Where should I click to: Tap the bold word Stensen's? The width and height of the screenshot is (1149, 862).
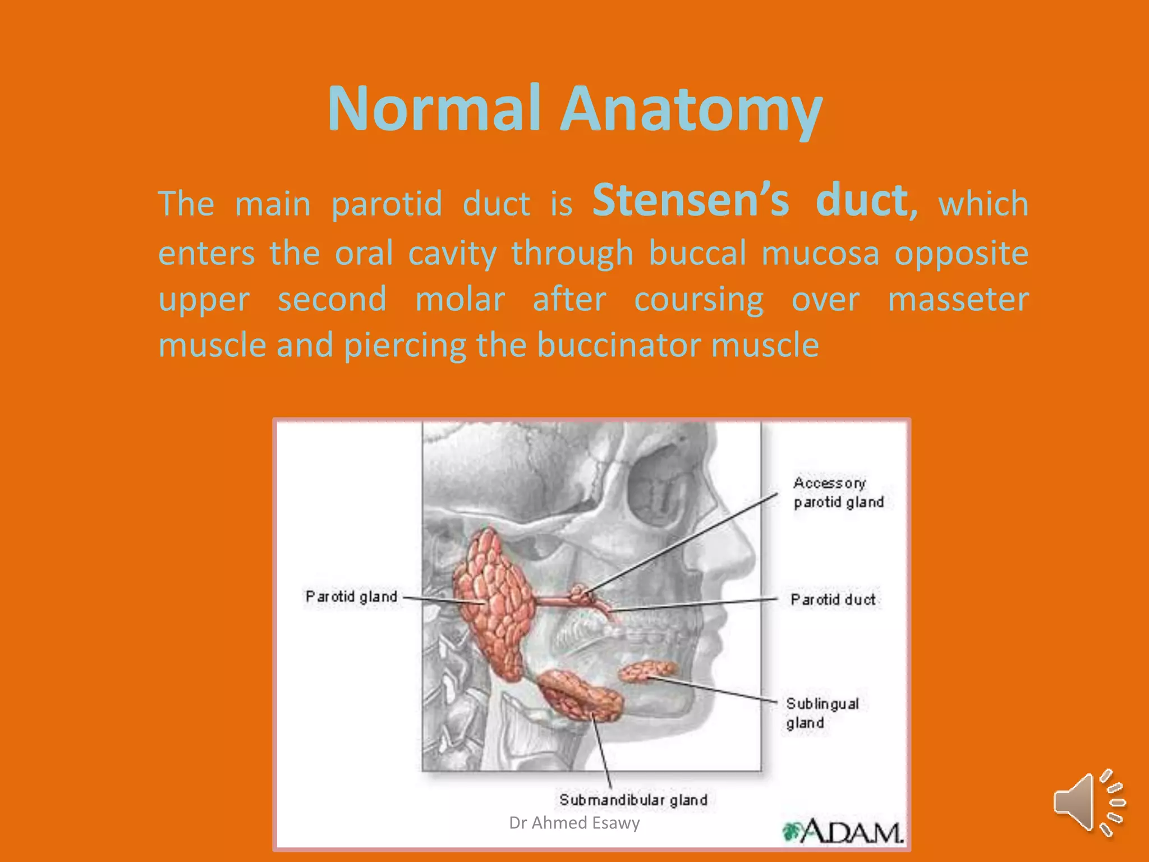click(691, 200)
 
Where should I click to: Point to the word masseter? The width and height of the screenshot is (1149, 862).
click(958, 299)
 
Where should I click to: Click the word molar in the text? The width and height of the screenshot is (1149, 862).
click(460, 299)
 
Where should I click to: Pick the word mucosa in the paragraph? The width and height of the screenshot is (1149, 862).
click(820, 253)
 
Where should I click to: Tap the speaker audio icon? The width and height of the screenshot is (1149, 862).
click(1088, 803)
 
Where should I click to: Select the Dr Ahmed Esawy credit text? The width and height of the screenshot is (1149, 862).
click(574, 823)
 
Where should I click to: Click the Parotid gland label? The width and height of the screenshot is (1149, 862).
click(351, 597)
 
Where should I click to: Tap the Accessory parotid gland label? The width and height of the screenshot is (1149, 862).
click(838, 492)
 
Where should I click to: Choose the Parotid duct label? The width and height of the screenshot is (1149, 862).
click(833, 600)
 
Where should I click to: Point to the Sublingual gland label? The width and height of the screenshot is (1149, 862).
click(822, 713)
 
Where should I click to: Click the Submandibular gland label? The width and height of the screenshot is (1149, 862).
click(633, 800)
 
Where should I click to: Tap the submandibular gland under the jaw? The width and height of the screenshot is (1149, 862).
click(581, 696)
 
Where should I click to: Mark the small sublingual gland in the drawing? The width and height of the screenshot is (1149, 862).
click(648, 671)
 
